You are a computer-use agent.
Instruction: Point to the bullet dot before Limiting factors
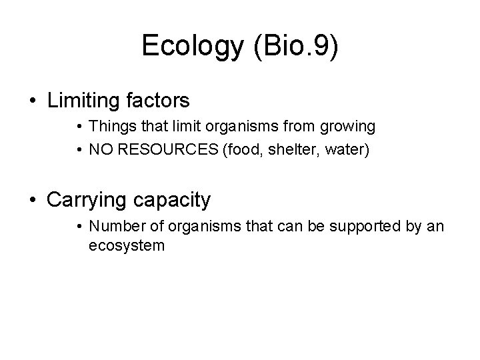(33, 101)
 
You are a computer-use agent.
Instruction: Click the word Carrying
(89, 199)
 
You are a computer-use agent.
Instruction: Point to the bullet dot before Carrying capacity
(33, 199)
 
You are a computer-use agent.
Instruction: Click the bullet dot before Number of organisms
(79, 227)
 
